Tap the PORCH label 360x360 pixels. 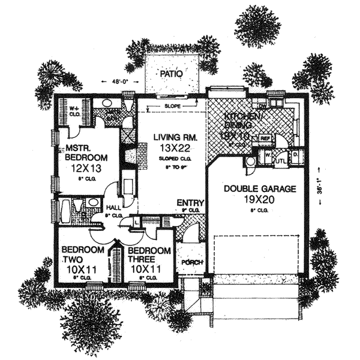coord(190,262)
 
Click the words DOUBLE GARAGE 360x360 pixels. coord(260,188)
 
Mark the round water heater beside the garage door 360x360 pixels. coord(249,160)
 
